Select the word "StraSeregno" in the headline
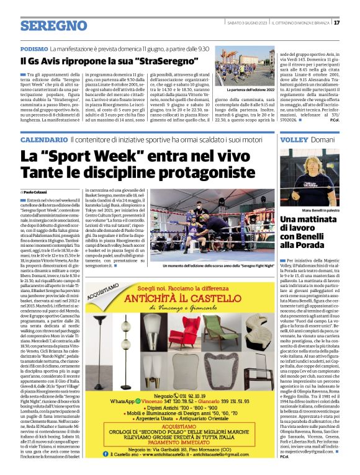pyautogui.click(x=168, y=61)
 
